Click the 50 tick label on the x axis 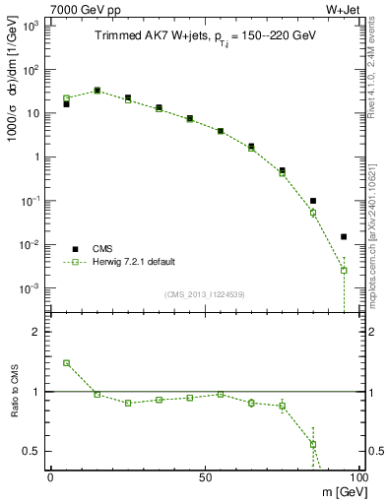pos(204,476)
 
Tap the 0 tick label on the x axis pos(50,476)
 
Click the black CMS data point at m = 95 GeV pos(344,236)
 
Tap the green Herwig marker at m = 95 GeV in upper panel pos(344,270)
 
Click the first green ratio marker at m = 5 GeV pos(66,362)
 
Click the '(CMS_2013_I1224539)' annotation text pos(204,293)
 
